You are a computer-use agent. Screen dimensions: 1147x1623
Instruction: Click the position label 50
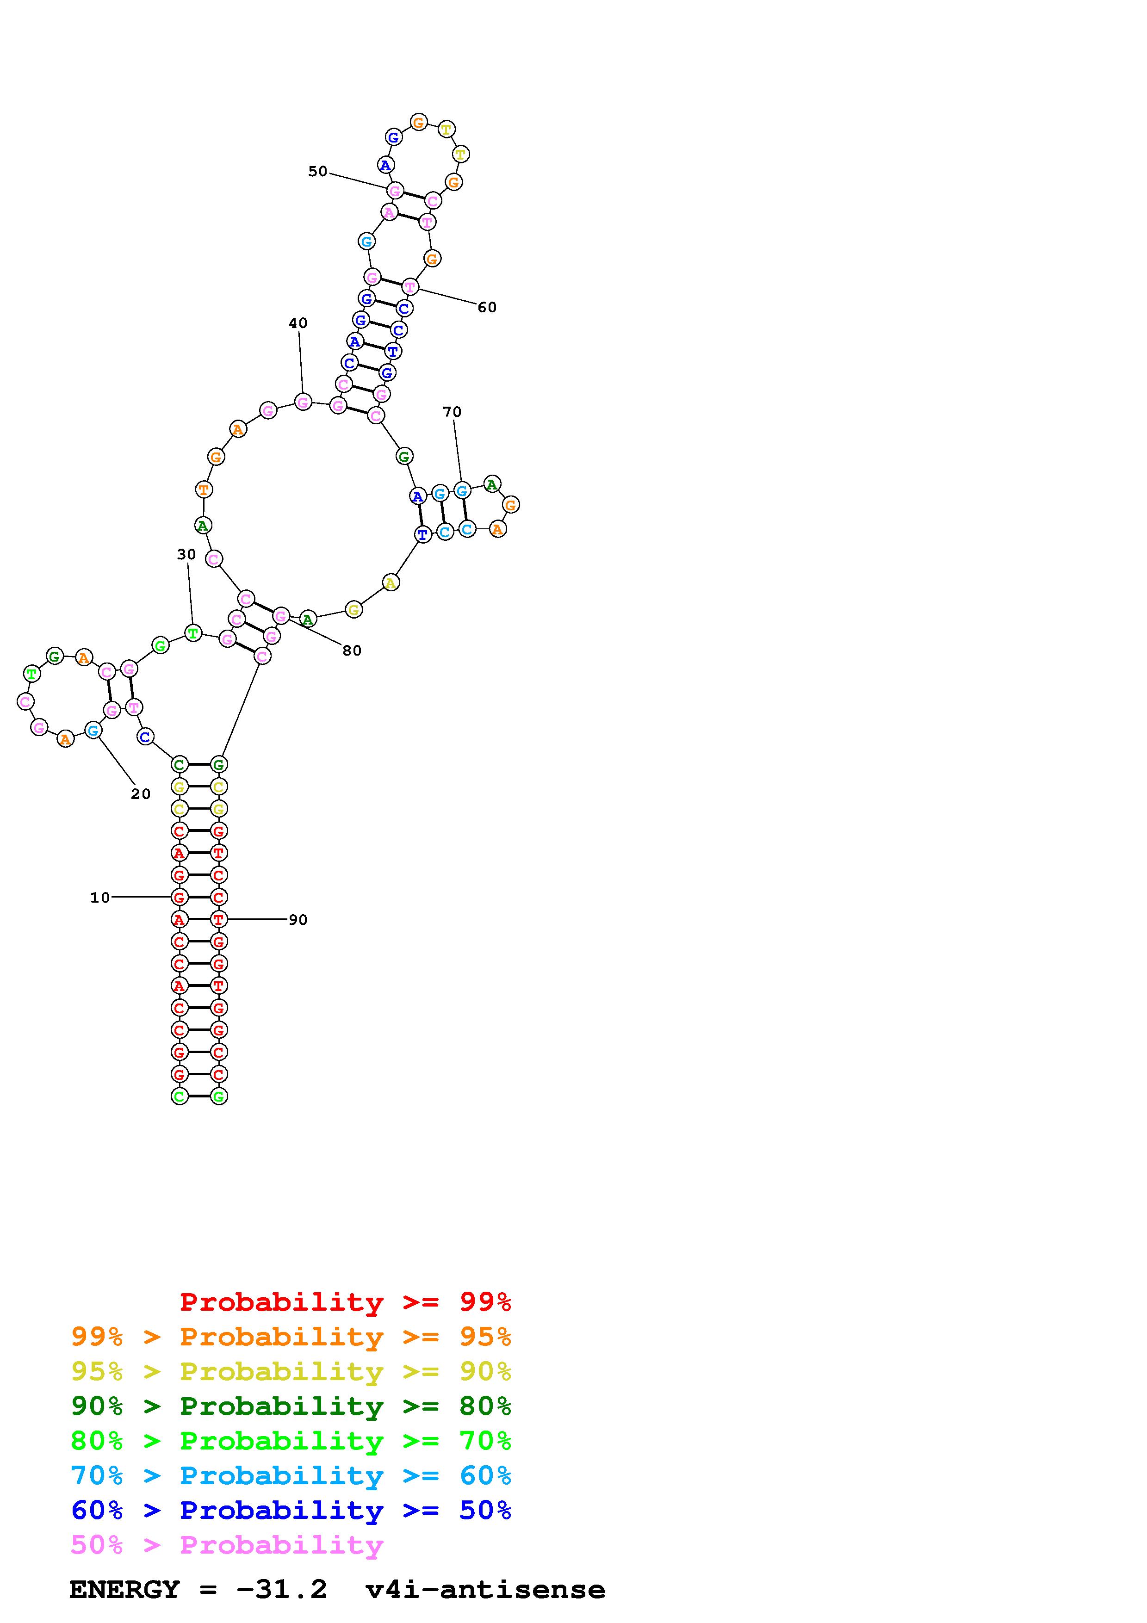[x=317, y=172]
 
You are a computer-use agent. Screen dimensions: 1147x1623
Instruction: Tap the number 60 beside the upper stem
[x=487, y=308]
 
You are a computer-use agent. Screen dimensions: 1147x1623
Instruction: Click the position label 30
[x=186, y=555]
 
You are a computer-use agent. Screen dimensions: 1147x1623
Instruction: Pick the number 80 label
[x=352, y=651]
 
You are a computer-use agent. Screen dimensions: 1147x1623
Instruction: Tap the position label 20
[x=141, y=794]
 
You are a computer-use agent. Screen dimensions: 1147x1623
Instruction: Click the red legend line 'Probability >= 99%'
[x=346, y=1302]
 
